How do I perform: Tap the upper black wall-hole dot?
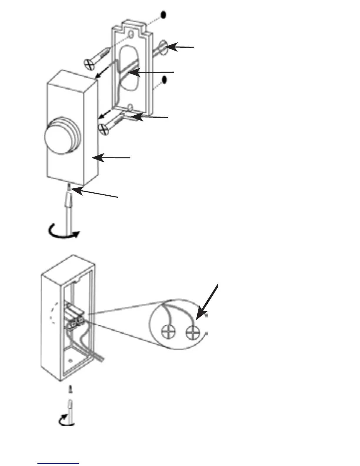pos(164,15)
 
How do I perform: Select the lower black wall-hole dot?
pos(164,79)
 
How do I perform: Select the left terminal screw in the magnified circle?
pos(168,332)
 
